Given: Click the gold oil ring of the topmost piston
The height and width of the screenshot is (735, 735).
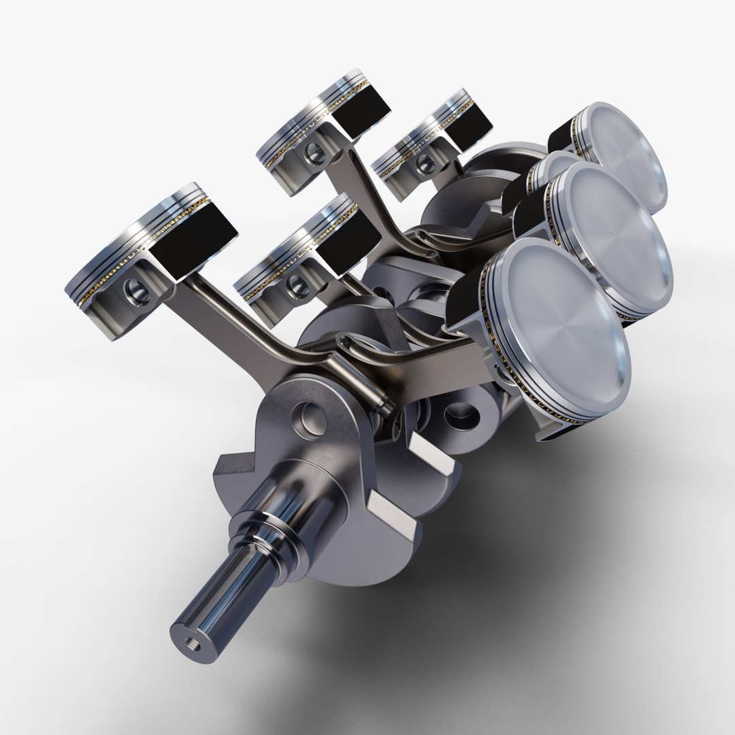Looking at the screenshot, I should (306, 129).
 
